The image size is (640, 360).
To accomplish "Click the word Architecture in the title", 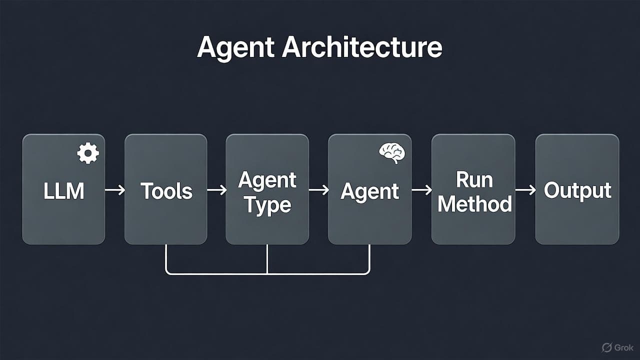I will coord(362,47).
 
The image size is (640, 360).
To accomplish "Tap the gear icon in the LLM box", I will coord(88,153).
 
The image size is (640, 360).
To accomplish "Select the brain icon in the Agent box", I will coord(391,153).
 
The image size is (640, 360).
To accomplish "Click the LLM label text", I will coord(63,191).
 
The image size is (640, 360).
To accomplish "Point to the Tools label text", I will coord(166,191).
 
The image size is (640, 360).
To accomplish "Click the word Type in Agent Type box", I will coord(267,205).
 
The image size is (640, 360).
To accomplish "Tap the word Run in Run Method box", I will coord(474,179).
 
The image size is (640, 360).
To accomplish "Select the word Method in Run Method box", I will coord(474,204).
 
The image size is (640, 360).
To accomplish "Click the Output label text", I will coord(577,190).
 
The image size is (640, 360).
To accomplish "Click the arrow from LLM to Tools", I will coord(115,190).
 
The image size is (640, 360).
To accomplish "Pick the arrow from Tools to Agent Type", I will coord(216,190).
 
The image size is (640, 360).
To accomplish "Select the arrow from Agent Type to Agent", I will coord(318,190).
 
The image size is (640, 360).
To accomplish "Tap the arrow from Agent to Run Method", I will coord(421,190).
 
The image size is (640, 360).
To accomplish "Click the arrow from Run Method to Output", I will coord(525,190).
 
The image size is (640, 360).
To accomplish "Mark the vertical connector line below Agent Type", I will coord(267,259).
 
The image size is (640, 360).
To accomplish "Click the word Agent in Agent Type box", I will coord(267,180).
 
